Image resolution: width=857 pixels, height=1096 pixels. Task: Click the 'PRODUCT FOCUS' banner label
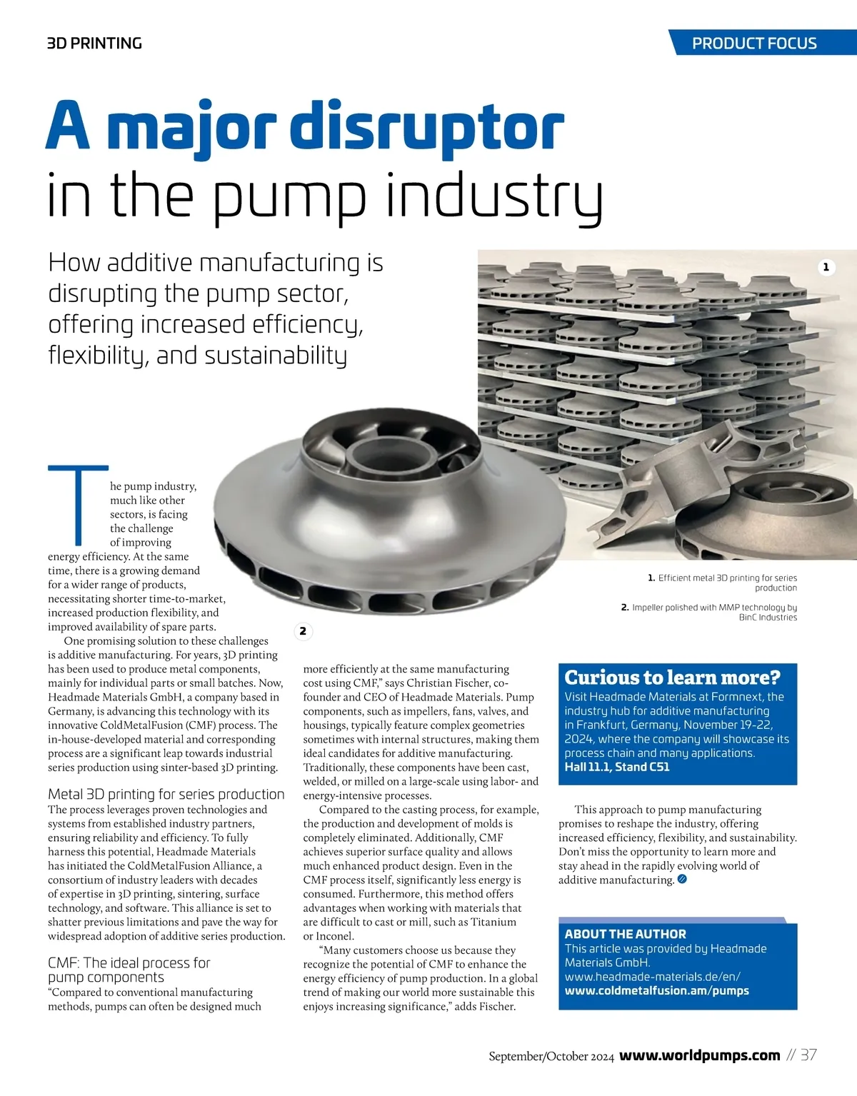pyautogui.click(x=754, y=43)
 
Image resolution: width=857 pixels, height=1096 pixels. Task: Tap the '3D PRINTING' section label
pyautogui.click(x=94, y=44)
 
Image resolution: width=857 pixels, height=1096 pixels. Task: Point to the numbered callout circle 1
pyautogui.click(x=826, y=267)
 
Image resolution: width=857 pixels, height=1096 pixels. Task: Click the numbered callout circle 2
pyautogui.click(x=303, y=631)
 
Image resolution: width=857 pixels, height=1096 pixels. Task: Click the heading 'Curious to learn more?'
pyautogui.click(x=672, y=677)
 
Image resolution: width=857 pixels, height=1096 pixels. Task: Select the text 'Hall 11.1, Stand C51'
pyautogui.click(x=617, y=767)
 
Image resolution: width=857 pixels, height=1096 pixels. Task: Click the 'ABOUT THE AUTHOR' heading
pyautogui.click(x=625, y=934)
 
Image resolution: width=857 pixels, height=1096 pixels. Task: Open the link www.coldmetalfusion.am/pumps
pyautogui.click(x=656, y=990)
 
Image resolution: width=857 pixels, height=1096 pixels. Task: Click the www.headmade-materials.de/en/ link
pyautogui.click(x=652, y=976)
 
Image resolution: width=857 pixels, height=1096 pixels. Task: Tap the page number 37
pyautogui.click(x=808, y=1055)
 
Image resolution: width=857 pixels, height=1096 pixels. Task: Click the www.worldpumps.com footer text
pyautogui.click(x=699, y=1055)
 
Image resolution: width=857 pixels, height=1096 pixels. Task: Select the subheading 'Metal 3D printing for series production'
pyautogui.click(x=166, y=794)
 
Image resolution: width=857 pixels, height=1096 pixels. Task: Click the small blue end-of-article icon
pyautogui.click(x=682, y=880)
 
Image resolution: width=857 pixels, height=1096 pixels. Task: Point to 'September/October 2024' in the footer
pyautogui.click(x=551, y=1057)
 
